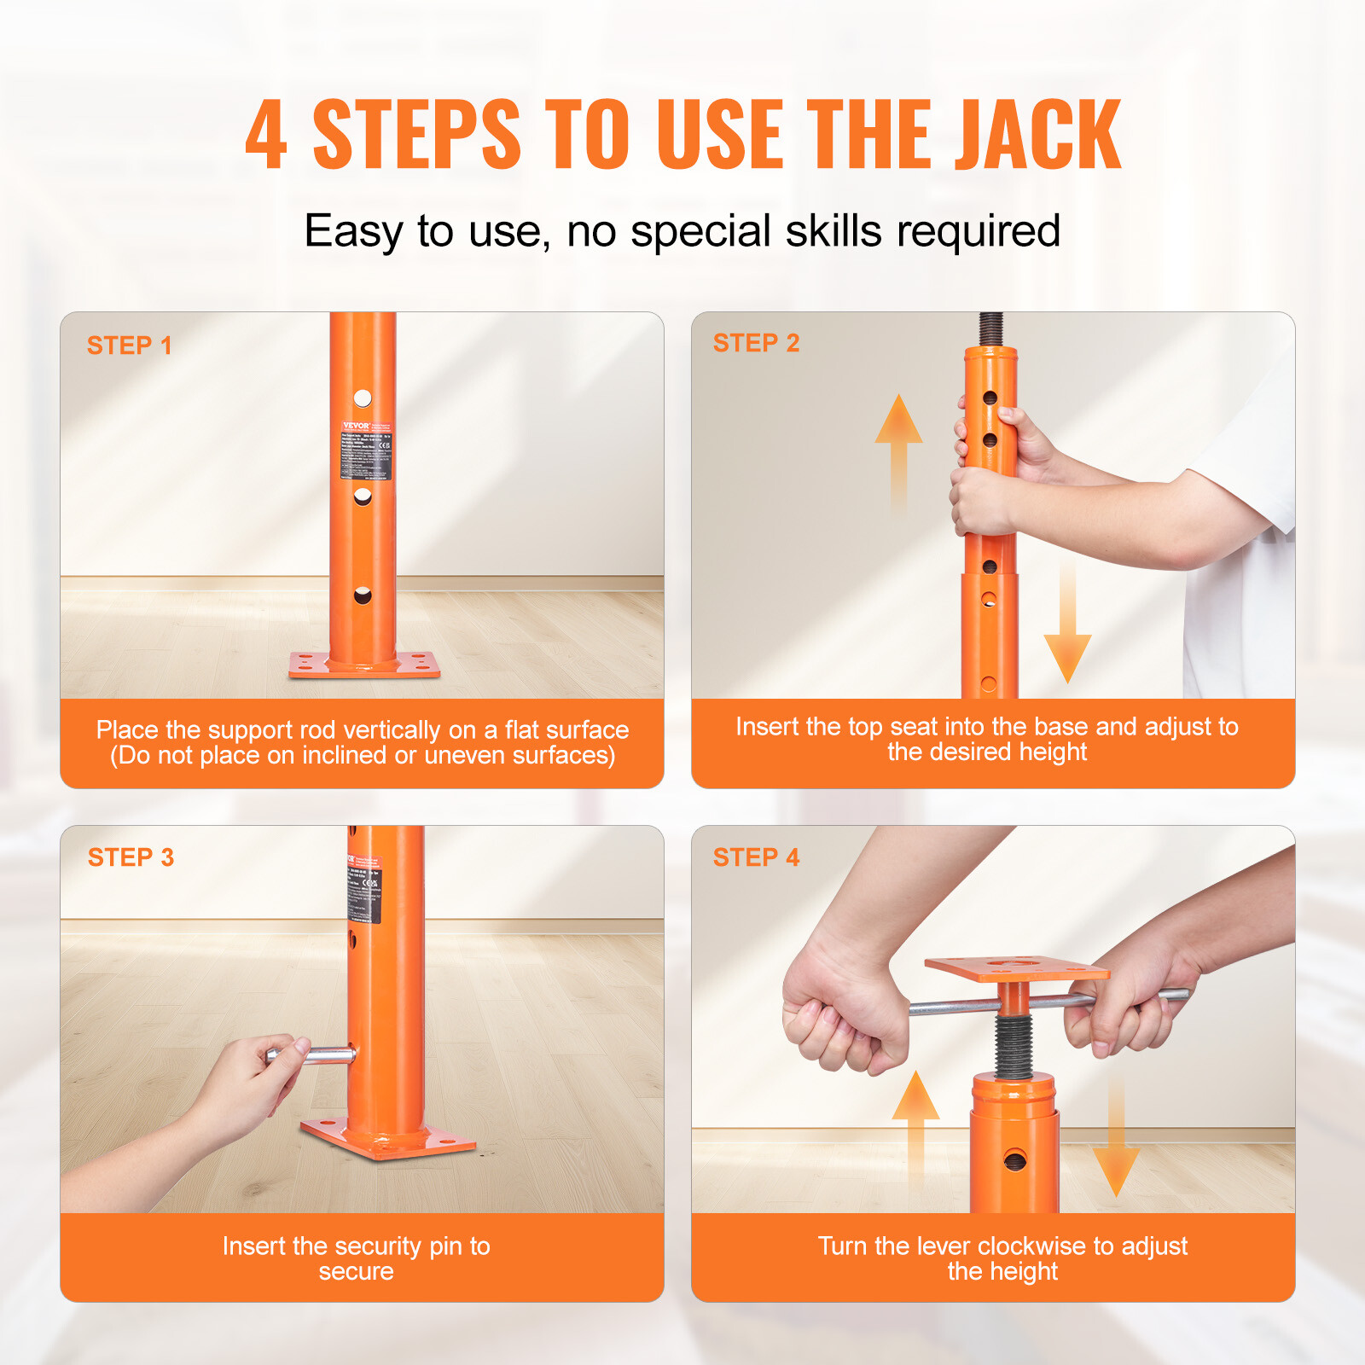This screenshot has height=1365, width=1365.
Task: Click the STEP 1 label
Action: pyautogui.click(x=129, y=346)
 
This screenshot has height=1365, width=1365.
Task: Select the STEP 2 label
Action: pyautogui.click(x=756, y=343)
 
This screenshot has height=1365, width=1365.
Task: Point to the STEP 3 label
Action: pyautogui.click(x=131, y=857)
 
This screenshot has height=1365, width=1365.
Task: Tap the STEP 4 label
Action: pyautogui.click(x=756, y=857)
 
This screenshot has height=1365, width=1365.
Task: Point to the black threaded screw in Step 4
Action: pyautogui.click(x=1014, y=1045)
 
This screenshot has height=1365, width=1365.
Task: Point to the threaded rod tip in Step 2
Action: pyautogui.click(x=990, y=328)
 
